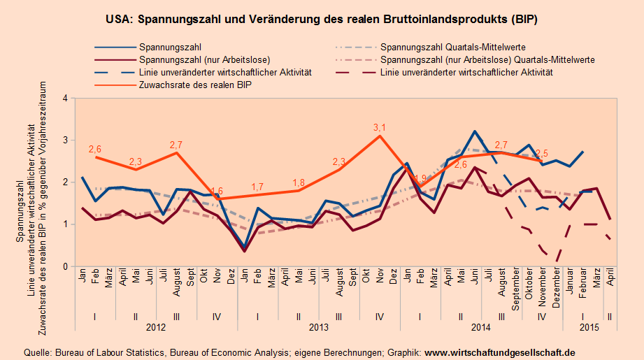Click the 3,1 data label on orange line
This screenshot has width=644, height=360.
380,128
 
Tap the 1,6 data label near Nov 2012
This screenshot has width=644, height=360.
217,191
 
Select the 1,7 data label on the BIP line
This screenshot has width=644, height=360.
257,187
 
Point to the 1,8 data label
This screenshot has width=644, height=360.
299,183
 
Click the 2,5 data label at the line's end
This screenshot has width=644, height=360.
541,153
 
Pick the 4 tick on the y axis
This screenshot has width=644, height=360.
65,99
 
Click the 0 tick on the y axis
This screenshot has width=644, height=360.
65,266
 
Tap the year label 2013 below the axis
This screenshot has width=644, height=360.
318,326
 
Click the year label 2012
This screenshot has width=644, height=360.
155,326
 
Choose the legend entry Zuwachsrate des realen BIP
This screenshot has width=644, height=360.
195,84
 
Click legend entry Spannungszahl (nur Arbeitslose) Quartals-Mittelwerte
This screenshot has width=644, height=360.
487,60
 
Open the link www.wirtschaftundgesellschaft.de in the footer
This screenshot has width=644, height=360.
500,352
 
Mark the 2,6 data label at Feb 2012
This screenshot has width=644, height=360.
95,149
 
